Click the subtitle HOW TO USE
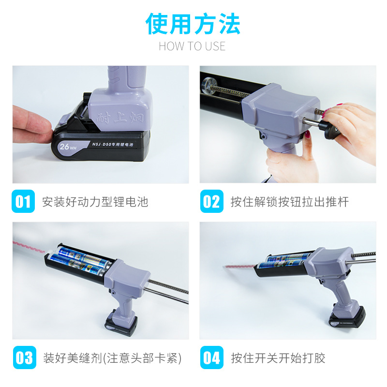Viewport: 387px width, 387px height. coord(192,46)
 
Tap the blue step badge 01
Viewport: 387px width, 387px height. coord(23,201)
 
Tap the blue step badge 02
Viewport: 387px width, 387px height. coord(211,201)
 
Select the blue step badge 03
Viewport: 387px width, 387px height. coord(23,358)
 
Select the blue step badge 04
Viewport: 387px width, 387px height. coord(211,358)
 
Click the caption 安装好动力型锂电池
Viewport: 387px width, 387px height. coord(95,202)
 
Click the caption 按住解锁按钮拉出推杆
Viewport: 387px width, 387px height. coord(289,202)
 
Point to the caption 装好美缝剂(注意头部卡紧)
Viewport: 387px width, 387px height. coord(112,358)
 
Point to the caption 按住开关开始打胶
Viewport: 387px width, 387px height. coord(278,358)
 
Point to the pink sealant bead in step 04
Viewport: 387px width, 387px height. coord(239,265)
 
